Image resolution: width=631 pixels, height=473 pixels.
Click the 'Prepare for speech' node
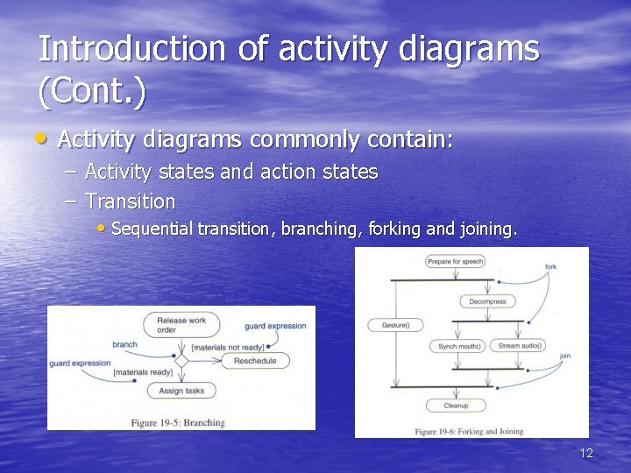coord(455,261)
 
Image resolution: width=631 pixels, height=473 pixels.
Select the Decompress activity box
coord(487,301)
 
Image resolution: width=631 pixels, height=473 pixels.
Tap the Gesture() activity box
coord(396,325)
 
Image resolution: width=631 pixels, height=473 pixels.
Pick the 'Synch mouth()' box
coord(459,346)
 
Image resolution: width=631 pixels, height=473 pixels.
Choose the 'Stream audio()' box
coord(521,346)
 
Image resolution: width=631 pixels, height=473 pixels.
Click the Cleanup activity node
coord(456,406)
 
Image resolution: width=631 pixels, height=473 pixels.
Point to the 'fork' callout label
coord(550,266)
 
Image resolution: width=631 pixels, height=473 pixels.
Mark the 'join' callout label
coord(564,356)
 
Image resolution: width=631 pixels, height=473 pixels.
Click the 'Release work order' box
coord(181,325)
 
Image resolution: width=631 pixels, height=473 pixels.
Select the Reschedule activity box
coord(255,361)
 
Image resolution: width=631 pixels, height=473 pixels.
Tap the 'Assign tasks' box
coord(182,391)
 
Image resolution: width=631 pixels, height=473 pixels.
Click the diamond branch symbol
coord(182,360)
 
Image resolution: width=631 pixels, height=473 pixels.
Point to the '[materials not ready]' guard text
coord(227,348)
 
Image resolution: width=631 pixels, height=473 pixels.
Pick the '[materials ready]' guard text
coord(143,373)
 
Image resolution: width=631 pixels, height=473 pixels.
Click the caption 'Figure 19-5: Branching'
coord(178,423)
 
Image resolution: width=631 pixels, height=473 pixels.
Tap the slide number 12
coord(586,453)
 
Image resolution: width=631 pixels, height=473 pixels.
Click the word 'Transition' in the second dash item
coord(131,201)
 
